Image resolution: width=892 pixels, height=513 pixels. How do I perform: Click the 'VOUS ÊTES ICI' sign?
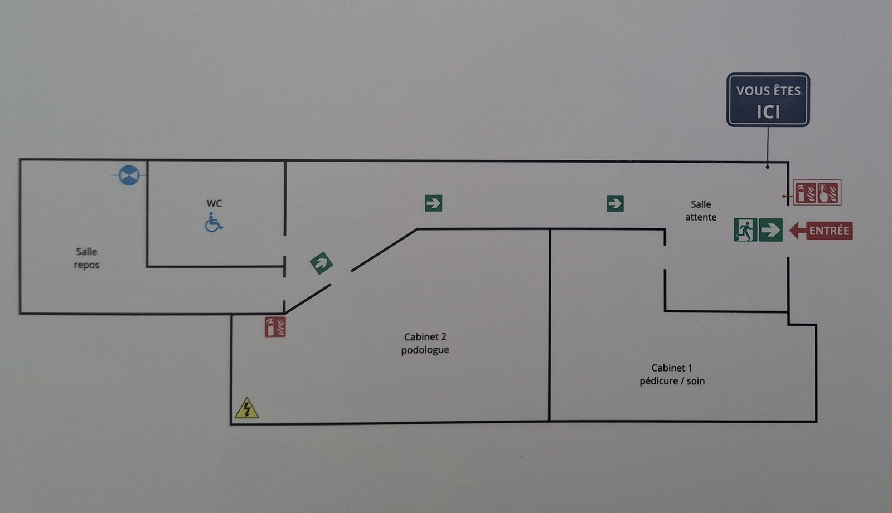pos(768,100)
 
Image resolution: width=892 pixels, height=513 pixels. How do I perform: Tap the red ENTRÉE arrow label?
pos(822,231)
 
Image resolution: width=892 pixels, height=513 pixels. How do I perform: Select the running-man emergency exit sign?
pos(745,230)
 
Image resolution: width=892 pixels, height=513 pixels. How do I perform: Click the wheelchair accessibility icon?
pos(214,222)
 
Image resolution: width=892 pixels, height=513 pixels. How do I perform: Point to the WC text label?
pos(214,203)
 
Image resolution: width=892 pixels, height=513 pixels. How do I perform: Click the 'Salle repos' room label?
pos(86,258)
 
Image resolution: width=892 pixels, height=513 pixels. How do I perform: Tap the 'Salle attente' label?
pos(701,211)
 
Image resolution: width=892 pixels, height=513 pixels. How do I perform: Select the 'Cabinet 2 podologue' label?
pos(425,343)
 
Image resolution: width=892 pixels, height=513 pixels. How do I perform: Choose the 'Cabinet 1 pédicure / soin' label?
pos(672,374)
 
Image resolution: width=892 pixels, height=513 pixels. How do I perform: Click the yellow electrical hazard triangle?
pos(246,409)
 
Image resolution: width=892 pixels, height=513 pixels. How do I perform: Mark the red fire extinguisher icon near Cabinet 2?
pos(275,327)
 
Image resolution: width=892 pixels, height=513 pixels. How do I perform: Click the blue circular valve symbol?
pos(129,175)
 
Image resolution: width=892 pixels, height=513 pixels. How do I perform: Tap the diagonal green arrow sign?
pos(321,263)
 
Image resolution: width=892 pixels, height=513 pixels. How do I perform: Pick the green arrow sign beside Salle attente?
pos(615,203)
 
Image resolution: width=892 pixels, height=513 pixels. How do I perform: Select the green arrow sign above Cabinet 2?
pos(433,203)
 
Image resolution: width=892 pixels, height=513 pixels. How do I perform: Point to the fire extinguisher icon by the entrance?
pos(806,193)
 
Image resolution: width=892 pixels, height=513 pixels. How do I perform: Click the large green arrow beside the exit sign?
pos(770,230)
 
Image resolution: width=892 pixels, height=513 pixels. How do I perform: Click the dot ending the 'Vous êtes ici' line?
pos(768,167)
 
